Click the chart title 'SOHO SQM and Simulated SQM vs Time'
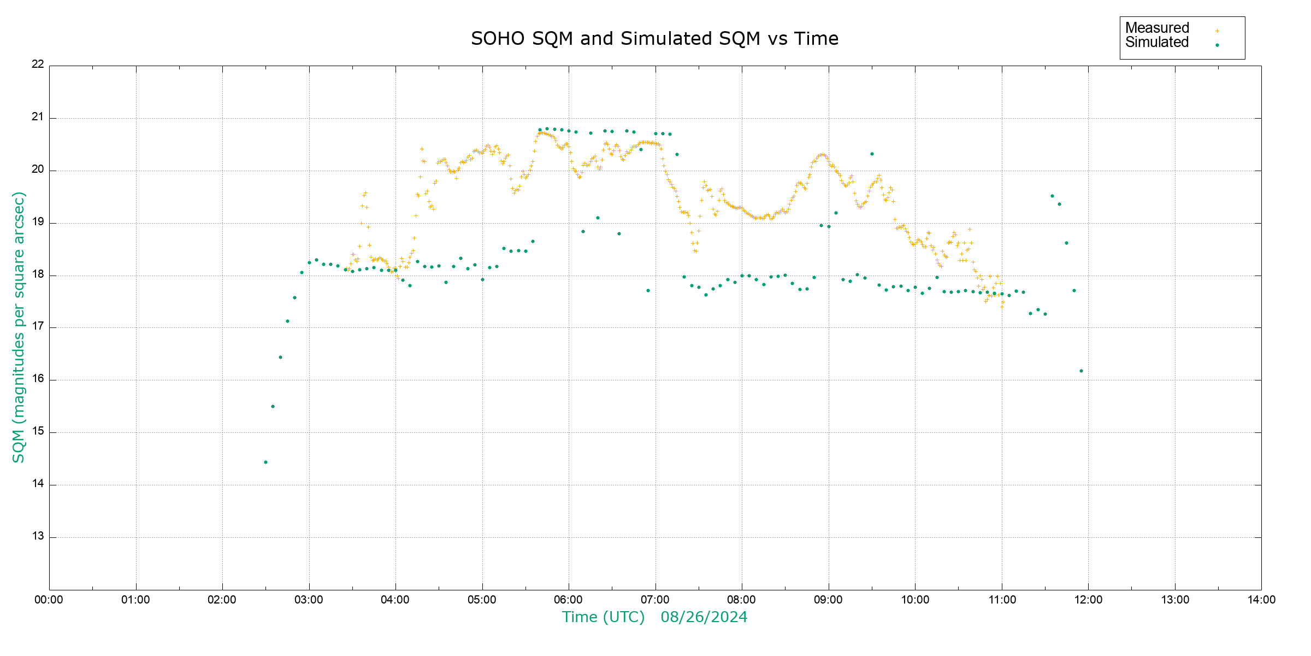tap(654, 39)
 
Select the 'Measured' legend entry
tap(1157, 28)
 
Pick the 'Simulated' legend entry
tap(1157, 43)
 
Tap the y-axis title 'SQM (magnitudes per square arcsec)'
tap(19, 327)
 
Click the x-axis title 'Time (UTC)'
tap(603, 617)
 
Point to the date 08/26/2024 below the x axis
tap(704, 617)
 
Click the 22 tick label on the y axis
tap(38, 64)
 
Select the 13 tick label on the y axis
tap(38, 536)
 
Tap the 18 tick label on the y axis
tap(38, 274)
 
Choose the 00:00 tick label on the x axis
tap(49, 600)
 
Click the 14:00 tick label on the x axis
tap(1261, 600)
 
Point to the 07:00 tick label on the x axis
tap(655, 600)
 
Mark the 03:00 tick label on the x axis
tap(309, 600)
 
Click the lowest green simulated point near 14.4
tap(265, 462)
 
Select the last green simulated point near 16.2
tap(1081, 371)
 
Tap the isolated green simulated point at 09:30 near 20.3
tap(872, 154)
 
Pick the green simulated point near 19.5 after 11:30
tap(1052, 196)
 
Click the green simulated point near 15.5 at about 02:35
tap(273, 407)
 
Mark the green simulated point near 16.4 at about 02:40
tap(280, 358)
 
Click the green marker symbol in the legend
tap(1217, 45)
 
